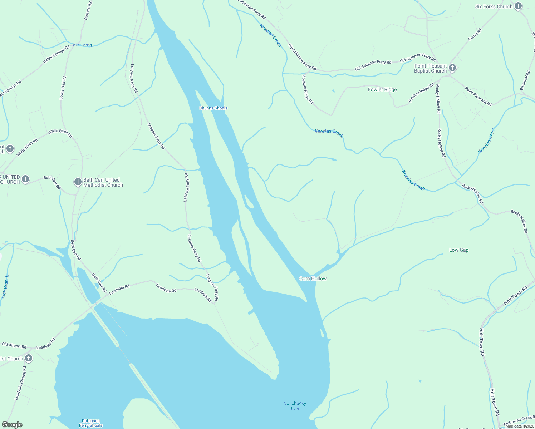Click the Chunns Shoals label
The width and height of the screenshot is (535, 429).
click(x=213, y=108)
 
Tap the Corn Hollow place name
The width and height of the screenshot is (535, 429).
click(x=313, y=278)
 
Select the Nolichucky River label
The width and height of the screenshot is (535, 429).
click(x=295, y=406)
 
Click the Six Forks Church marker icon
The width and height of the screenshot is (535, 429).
click(x=518, y=6)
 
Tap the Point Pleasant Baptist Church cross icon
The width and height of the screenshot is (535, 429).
click(x=452, y=68)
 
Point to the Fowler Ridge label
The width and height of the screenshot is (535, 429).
click(x=382, y=89)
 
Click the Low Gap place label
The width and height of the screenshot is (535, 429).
click(x=459, y=250)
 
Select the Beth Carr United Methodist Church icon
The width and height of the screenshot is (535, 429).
click(x=78, y=182)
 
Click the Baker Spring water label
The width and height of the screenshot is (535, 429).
click(x=82, y=45)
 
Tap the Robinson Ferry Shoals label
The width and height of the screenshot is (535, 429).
click(x=91, y=423)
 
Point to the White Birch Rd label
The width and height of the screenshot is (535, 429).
click(x=60, y=133)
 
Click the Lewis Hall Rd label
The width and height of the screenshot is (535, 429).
click(x=63, y=88)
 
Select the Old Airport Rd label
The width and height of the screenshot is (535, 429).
click(x=14, y=345)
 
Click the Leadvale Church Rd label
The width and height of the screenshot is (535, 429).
click(x=20, y=383)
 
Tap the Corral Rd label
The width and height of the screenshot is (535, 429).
click(x=475, y=35)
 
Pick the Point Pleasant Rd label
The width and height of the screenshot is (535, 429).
click(x=478, y=96)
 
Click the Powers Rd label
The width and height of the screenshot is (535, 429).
click(x=88, y=11)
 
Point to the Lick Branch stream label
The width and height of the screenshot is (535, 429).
click(x=5, y=286)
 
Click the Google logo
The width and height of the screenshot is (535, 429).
click(x=12, y=425)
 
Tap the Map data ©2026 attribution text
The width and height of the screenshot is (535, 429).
click(x=520, y=426)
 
